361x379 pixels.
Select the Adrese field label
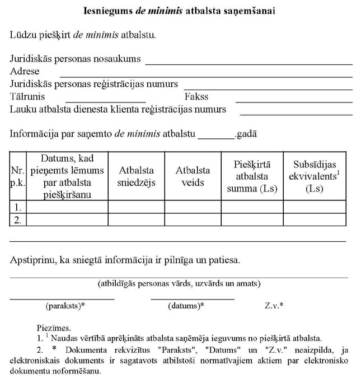pyautogui.click(x=25, y=71)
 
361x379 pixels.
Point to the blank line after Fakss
pyautogui.click(x=293, y=102)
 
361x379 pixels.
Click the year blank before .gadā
pyautogui.click(x=216, y=136)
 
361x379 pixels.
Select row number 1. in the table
pyautogui.click(x=18, y=207)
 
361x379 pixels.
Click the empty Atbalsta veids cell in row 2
pyautogui.click(x=193, y=219)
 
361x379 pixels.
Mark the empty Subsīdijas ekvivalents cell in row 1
pyautogui.click(x=314, y=207)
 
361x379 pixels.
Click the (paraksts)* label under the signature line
pyautogui.click(x=65, y=306)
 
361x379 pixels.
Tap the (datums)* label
pyautogui.click(x=186, y=306)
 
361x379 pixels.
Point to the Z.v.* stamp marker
pyautogui.click(x=274, y=306)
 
